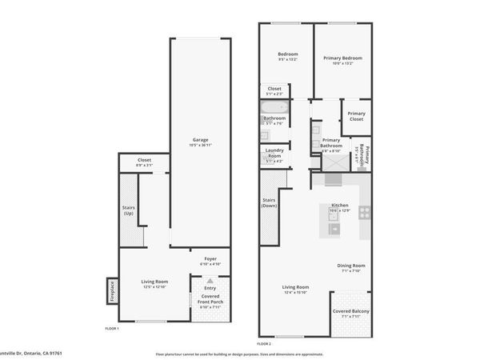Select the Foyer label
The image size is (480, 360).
coord(210,258)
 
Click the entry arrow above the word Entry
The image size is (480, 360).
coord(210,281)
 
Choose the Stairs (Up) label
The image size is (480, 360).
coord(129,210)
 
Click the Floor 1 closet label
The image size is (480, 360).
coord(144,160)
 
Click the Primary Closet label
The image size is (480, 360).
coord(356,116)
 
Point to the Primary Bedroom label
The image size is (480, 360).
coord(342,58)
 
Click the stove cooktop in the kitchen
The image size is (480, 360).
coord(364,213)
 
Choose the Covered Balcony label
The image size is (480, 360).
coord(352,314)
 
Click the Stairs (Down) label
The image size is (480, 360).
coord(269,204)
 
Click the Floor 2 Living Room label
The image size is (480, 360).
coord(296,287)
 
